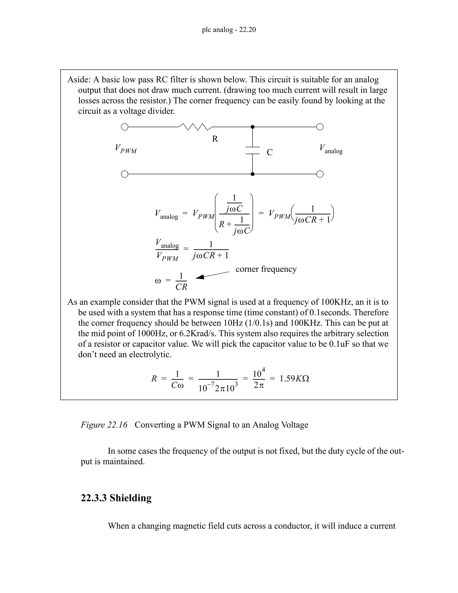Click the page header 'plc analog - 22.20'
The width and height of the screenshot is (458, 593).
click(x=229, y=30)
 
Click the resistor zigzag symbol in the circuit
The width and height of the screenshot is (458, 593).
click(x=195, y=127)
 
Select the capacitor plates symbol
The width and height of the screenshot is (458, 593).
click(x=252, y=150)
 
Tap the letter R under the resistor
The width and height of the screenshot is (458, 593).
click(x=215, y=139)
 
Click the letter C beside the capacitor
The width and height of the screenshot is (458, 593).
click(x=269, y=152)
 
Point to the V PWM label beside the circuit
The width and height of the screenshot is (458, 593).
click(x=126, y=149)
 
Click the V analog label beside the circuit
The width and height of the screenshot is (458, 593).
click(x=331, y=149)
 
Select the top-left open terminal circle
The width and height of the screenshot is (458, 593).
click(x=124, y=127)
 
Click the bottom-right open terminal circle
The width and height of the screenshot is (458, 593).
click(x=320, y=174)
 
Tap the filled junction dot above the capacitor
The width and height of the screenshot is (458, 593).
click(x=252, y=127)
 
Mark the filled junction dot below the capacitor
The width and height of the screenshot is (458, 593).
click(x=252, y=174)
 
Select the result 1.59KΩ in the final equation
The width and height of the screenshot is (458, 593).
click(x=294, y=378)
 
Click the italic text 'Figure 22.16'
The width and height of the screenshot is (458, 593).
click(x=104, y=425)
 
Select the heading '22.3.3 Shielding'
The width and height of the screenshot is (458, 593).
click(x=116, y=498)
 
